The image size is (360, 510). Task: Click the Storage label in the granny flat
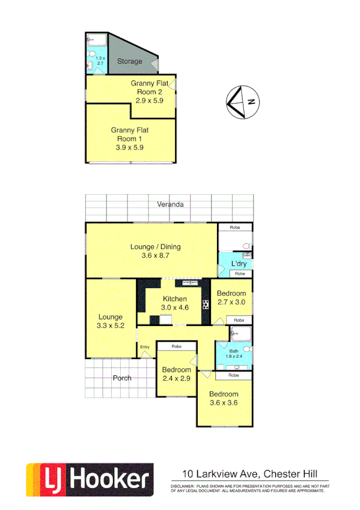(x=129, y=61)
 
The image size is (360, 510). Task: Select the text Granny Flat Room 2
(x=147, y=88)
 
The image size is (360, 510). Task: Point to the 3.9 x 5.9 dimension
(x=129, y=146)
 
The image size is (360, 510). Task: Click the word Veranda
(x=170, y=204)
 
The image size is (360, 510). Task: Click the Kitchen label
(x=174, y=299)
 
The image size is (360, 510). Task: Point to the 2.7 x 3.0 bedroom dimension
(x=231, y=303)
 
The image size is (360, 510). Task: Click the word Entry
(x=145, y=347)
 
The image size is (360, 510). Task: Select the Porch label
(x=122, y=378)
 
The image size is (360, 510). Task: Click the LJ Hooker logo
(x=89, y=479)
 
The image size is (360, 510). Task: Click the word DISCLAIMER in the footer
(x=182, y=485)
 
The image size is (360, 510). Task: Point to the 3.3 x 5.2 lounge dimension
(x=111, y=325)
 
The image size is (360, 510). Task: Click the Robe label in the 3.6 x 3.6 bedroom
(x=233, y=375)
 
